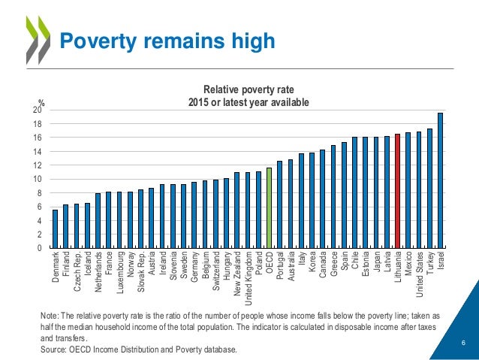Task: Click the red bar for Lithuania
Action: (397, 191)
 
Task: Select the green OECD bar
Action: (269, 207)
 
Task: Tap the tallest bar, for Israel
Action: (440, 180)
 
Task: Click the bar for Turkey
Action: (429, 188)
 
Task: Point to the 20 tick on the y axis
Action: (37, 110)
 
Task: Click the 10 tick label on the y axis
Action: (37, 180)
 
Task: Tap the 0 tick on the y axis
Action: (39, 248)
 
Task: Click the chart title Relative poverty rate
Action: (248, 90)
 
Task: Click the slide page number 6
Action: (463, 343)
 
